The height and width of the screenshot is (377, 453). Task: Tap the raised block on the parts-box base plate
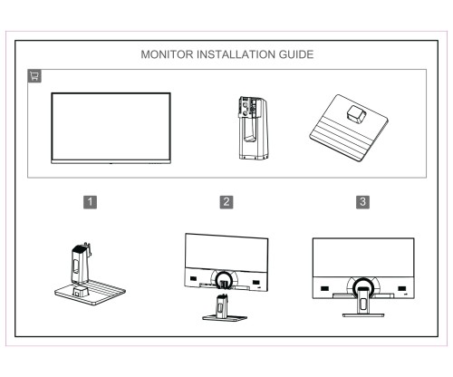(x=354, y=115)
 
